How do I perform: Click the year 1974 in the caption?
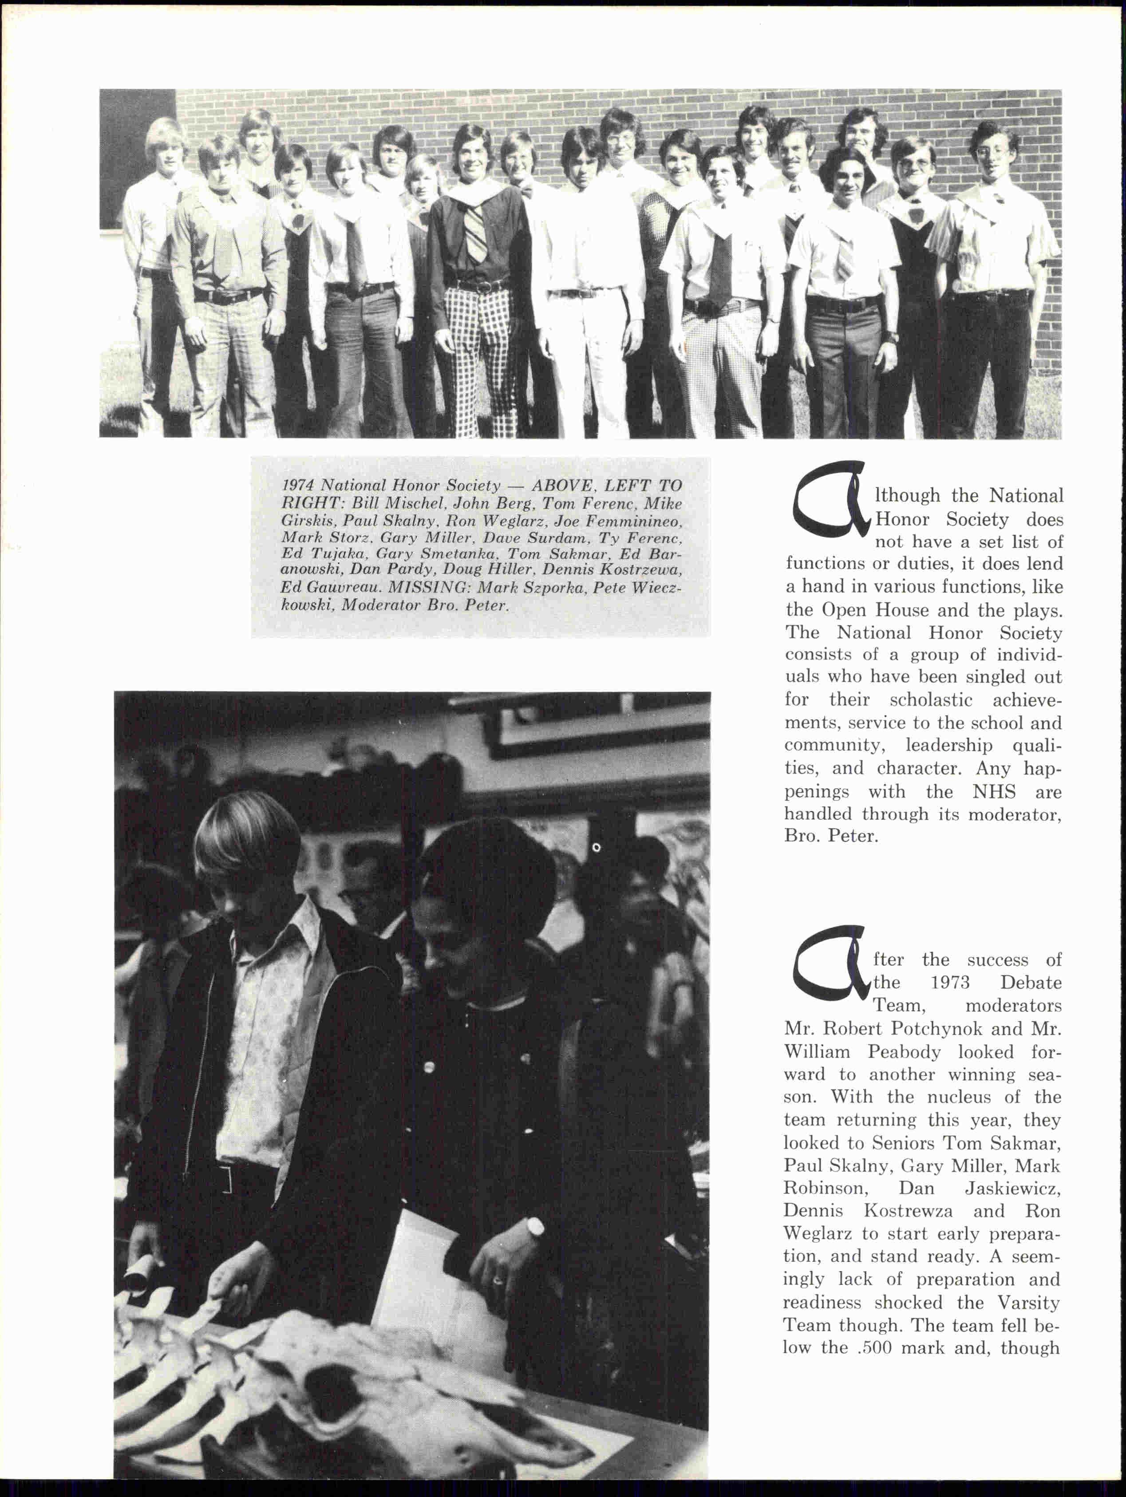[298, 485]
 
